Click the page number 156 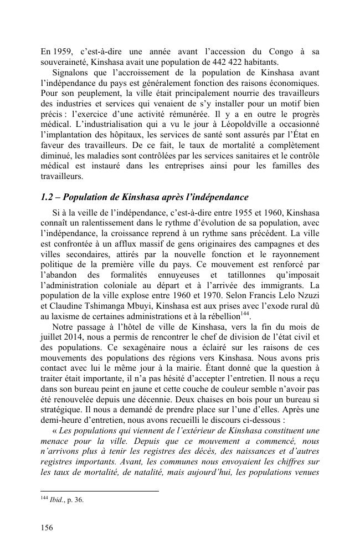(x=47, y=528)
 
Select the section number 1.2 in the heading (x=48, y=197)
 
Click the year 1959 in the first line (x=62, y=52)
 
